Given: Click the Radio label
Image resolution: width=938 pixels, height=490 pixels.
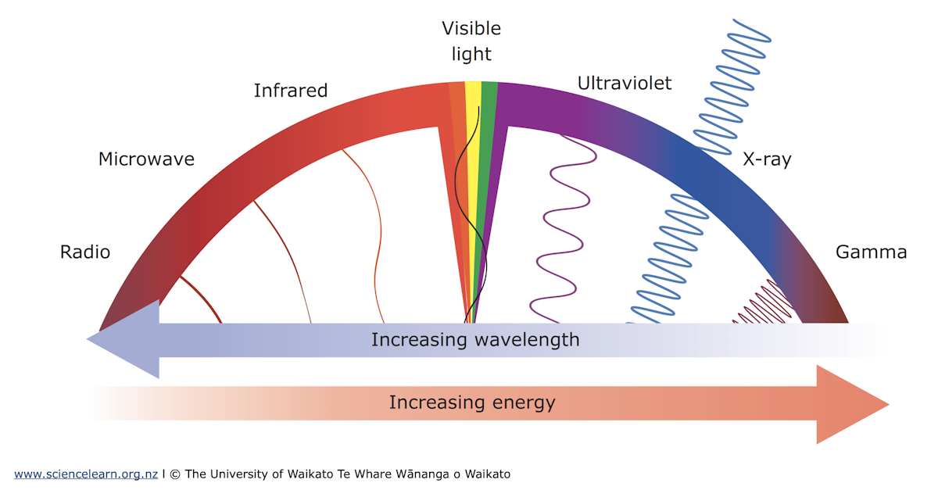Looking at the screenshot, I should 85,252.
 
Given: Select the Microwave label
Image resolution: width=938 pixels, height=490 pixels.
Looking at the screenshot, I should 146,159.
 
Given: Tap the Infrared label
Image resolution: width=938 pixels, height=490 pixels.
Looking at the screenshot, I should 290,91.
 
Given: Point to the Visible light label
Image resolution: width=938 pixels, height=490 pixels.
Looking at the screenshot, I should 471,41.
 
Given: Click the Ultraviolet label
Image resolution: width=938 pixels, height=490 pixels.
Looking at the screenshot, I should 624,83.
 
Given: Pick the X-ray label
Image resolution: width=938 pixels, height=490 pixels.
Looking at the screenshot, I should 766,160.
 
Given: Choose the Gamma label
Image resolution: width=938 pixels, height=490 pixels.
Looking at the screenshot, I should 871,252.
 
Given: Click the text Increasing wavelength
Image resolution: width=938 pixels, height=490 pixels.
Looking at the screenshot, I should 475,340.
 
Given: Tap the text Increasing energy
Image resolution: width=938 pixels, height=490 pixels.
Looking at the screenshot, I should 472,403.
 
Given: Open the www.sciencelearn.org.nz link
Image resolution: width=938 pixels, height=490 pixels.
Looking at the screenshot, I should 86,474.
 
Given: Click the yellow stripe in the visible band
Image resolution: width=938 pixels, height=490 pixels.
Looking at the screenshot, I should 473,102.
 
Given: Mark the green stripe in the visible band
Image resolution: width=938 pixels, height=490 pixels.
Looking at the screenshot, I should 489,102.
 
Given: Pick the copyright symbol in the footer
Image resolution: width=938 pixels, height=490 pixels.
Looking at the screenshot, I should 175,474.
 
